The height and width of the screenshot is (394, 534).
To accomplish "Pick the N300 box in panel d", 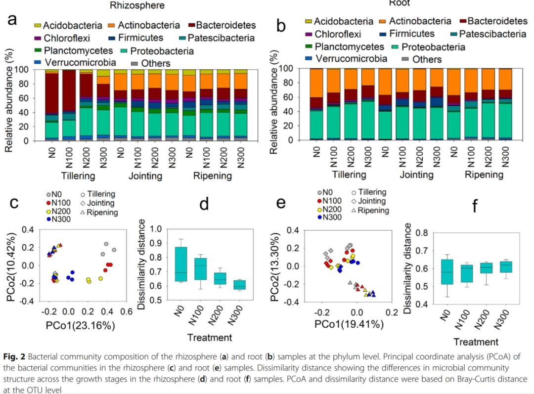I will pyautogui.click(x=240, y=285).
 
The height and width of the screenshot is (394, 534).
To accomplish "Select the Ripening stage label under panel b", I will pyautogui.click(x=484, y=175).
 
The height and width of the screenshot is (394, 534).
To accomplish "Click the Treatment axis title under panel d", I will pyautogui.click(x=209, y=338).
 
